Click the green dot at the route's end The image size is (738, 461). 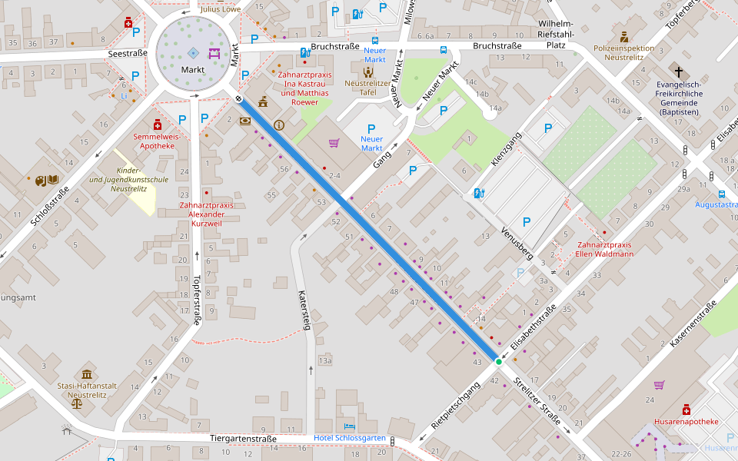tap(498, 361)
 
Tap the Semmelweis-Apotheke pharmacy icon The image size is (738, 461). tap(158, 124)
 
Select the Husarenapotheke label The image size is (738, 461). tap(686, 421)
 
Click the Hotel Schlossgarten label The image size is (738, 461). tap(350, 438)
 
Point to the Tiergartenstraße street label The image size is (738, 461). tap(243, 439)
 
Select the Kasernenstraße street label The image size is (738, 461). tap(693, 323)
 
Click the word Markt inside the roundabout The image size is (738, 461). tap(193, 70)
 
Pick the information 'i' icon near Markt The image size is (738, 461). tap(278, 124)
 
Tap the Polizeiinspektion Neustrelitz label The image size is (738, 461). tap(623, 52)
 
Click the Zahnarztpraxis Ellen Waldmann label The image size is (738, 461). tap(605, 249)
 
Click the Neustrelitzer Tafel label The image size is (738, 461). tap(368, 87)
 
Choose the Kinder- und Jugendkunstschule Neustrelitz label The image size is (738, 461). tap(128, 179)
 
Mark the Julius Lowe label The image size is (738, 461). tap(219, 10)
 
